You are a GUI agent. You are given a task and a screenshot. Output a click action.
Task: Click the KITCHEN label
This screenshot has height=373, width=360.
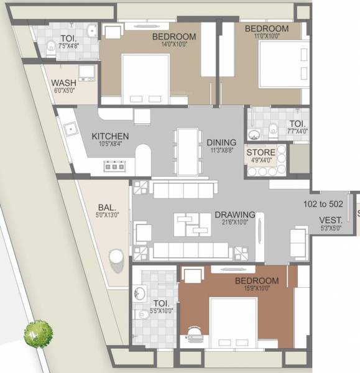[110, 136]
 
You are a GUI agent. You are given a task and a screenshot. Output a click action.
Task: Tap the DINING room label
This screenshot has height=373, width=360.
[221, 142]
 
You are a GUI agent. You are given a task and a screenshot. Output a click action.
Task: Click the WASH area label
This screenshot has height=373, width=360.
[63, 83]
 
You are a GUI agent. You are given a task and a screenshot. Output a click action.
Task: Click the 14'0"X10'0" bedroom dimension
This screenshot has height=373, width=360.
[174, 45]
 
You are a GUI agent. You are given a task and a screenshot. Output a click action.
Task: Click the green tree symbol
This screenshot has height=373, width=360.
[38, 334]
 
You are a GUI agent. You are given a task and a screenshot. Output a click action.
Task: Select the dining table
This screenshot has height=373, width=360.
[188, 151]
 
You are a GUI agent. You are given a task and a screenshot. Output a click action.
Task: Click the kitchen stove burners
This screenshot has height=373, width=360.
[114, 166]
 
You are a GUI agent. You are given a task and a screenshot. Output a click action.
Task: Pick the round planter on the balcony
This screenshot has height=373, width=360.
[116, 257]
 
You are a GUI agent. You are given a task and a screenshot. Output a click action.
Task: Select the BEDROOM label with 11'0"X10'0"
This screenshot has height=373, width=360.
[266, 29]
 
